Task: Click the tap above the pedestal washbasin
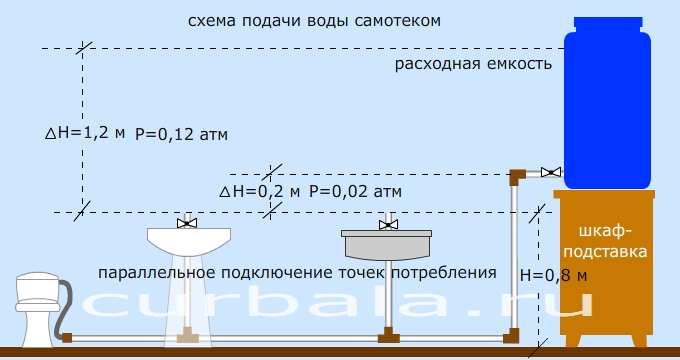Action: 186,221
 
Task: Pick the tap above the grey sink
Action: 386,222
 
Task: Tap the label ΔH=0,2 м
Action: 259,190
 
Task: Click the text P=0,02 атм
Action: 356,190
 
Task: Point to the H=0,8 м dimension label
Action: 553,273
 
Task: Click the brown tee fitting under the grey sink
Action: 386,334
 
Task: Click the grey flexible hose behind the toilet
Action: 65,305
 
